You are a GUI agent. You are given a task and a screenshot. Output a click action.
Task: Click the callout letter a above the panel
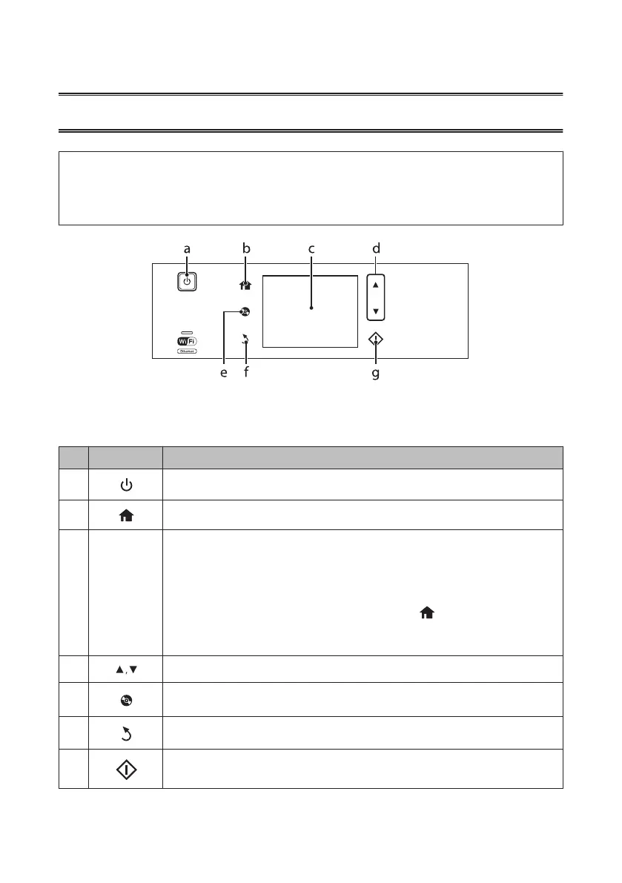[x=187, y=250]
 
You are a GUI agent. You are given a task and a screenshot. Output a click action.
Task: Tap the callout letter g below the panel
[x=375, y=374]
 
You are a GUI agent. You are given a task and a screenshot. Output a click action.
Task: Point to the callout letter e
[x=224, y=374]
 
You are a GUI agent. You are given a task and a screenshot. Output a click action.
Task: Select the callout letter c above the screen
[x=311, y=250]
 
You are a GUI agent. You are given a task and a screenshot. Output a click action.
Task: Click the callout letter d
[x=376, y=250]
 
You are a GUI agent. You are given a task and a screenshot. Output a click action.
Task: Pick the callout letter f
[x=246, y=374]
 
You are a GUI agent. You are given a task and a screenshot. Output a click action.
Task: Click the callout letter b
[x=245, y=250]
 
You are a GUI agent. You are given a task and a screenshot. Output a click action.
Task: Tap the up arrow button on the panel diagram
[x=376, y=285]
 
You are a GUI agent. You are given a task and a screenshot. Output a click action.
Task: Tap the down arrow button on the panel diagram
[x=376, y=311]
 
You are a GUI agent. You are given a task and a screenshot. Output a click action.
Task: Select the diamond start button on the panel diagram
[x=376, y=340]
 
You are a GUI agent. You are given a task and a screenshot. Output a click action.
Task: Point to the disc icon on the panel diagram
[x=245, y=312]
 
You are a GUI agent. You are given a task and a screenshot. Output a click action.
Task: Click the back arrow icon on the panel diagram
[x=246, y=340]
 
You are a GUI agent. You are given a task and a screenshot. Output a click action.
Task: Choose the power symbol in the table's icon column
[x=126, y=485]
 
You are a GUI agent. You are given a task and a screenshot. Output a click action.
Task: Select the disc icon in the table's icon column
[x=126, y=698]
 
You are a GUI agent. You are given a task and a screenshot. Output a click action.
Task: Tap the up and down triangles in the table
[x=126, y=669]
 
